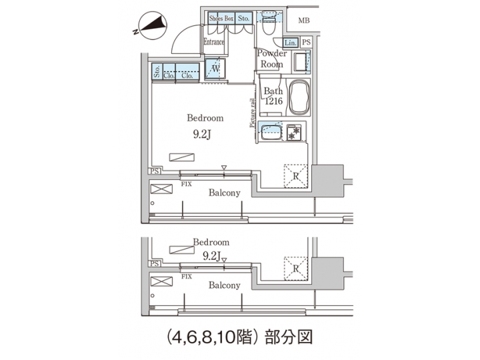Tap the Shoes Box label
pos(221,19)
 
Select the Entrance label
pos(214,42)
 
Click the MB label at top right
pos(304,21)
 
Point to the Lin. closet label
pos(290,43)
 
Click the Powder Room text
pos(272,59)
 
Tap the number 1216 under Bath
pos(273,101)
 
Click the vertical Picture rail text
pos(253,113)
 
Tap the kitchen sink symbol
pos(271,131)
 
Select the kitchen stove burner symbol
pos(294,133)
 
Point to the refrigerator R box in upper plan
pos(295,175)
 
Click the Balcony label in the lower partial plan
pos(224,285)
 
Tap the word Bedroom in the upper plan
pos(205,117)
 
